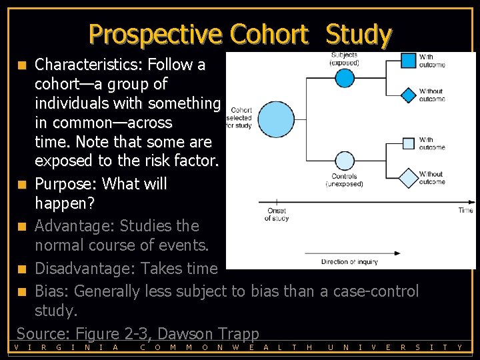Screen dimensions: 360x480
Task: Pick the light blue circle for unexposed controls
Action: click(x=343, y=161)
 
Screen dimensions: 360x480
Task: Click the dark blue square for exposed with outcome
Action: click(x=408, y=61)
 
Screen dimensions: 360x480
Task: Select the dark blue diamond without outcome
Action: click(x=408, y=95)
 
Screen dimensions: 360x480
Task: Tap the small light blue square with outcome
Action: click(x=408, y=143)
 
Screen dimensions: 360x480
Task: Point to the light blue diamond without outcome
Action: click(x=407, y=178)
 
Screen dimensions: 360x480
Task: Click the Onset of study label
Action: click(x=277, y=214)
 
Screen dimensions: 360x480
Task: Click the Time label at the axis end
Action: click(x=465, y=210)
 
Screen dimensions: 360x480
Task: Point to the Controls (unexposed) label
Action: click(x=344, y=180)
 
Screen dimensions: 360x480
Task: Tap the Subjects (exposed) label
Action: click(x=343, y=59)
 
